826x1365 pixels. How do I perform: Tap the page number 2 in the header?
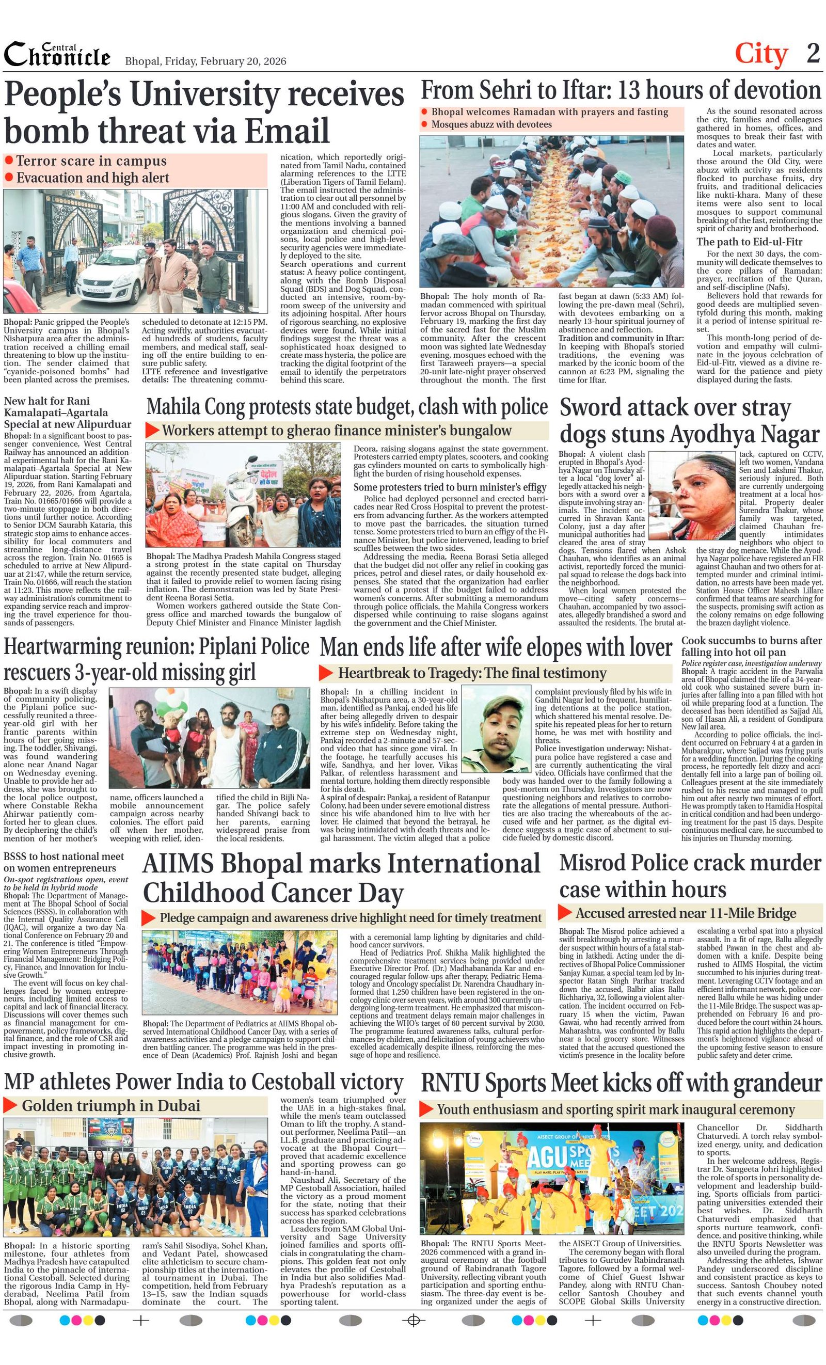pyautogui.click(x=813, y=54)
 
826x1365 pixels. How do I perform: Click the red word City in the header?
pyautogui.click(x=760, y=54)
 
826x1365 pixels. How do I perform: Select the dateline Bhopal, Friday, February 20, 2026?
pyautogui.click(x=205, y=61)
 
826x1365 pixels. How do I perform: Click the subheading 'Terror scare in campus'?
pyautogui.click(x=91, y=161)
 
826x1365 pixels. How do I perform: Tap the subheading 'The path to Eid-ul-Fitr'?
pyautogui.click(x=749, y=242)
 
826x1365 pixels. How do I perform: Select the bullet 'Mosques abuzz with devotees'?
pyautogui.click(x=491, y=124)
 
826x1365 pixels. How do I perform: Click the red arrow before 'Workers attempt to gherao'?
pyautogui.click(x=152, y=431)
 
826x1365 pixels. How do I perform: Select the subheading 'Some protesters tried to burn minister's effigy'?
pyautogui.click(x=449, y=487)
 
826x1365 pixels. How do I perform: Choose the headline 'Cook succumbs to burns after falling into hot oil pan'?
pyautogui.click(x=751, y=646)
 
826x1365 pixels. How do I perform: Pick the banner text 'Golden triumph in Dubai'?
pyautogui.click(x=111, y=1106)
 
